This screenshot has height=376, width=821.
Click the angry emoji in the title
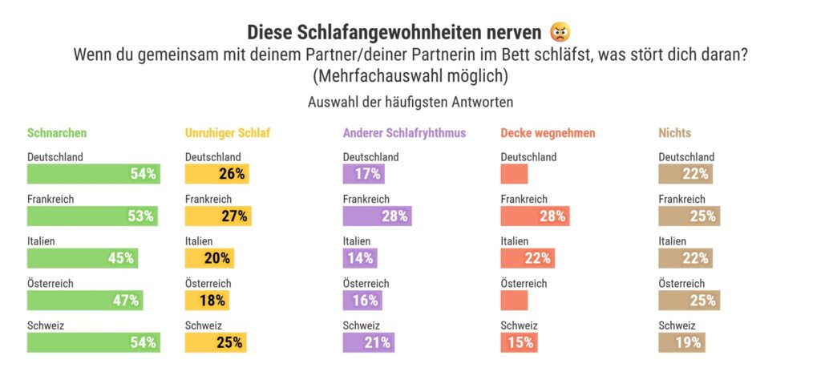point(561,33)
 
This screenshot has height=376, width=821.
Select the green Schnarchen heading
point(57,133)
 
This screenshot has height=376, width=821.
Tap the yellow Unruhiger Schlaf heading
point(228,133)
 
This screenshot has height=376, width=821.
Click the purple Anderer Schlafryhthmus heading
point(404,133)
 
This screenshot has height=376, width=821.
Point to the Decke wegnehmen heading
point(548,133)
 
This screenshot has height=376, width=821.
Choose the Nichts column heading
point(674,133)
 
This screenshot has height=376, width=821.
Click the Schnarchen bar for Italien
point(82,258)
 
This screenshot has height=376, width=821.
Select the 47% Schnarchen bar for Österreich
point(84,301)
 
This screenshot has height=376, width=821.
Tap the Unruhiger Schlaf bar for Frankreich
point(216,216)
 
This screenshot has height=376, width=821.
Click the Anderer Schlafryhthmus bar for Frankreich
point(377,216)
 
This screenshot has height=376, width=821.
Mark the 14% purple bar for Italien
point(358,258)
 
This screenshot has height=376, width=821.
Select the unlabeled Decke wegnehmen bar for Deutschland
point(514,173)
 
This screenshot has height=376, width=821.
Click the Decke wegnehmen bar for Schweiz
point(518,342)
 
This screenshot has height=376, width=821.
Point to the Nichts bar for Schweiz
point(681,342)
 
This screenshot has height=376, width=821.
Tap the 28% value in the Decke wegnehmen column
point(552,216)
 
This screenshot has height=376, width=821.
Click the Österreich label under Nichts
point(681,284)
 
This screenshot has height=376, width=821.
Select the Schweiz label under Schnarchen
point(46,326)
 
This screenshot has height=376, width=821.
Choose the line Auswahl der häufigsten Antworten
point(410,103)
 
